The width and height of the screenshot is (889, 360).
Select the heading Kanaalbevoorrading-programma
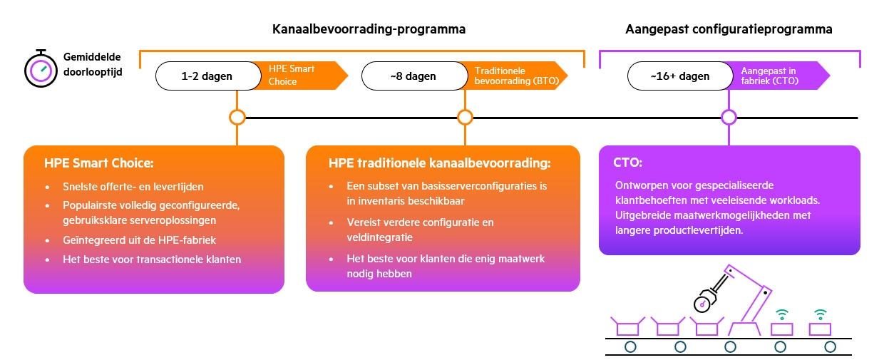(369, 30)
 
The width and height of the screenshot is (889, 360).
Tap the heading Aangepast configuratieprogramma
(729, 30)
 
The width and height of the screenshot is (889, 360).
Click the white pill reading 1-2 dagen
(207, 76)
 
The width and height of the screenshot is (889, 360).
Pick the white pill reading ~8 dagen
(413, 76)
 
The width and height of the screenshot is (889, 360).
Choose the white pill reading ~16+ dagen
(679, 76)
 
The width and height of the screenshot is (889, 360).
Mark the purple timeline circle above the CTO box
(729, 117)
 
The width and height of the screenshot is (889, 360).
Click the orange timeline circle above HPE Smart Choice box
(237, 117)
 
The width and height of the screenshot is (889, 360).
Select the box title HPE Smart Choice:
(98, 163)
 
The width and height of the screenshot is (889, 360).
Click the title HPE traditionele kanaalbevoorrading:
(440, 163)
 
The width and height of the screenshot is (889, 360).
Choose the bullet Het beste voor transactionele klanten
(152, 259)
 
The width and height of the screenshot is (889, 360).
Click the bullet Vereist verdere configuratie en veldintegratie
(420, 230)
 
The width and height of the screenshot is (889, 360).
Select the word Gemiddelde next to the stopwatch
(92, 56)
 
